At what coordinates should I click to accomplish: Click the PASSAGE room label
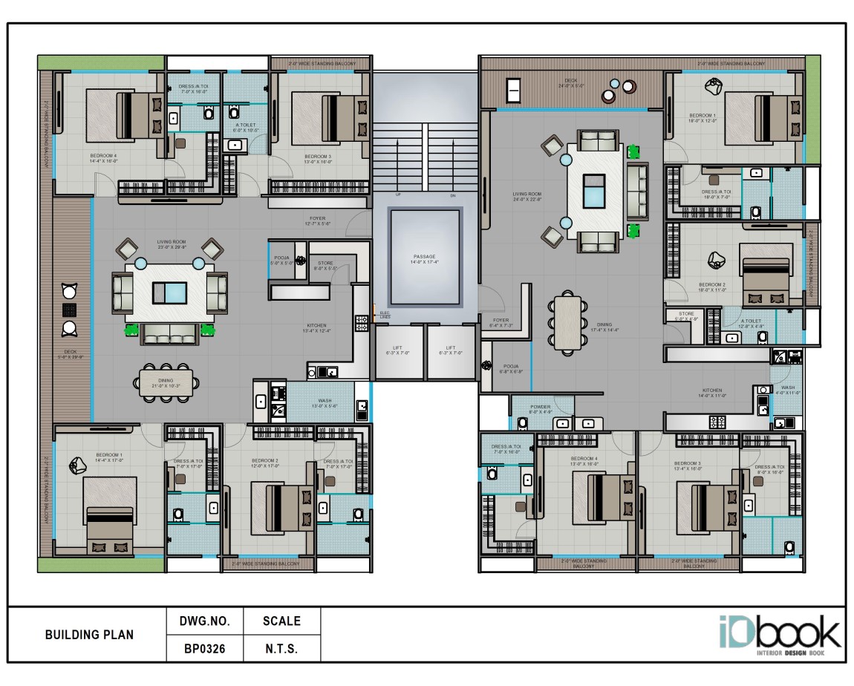pos(425,259)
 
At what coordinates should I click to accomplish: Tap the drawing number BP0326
pos(204,648)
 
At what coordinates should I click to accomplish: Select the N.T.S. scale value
pos(281,648)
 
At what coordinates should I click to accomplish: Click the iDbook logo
pos(779,636)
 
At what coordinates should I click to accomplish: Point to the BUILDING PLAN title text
pos(89,635)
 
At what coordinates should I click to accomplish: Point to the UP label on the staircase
pos(398,195)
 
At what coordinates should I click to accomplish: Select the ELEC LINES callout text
pos(384,315)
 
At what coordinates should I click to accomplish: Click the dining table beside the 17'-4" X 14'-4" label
pos(567,323)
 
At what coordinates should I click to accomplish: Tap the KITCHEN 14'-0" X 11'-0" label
pos(712,393)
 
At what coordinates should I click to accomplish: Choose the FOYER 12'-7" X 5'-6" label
pos(315,220)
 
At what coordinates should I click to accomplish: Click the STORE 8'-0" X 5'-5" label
pos(325,265)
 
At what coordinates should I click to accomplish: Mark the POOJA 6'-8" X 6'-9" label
pos(510,368)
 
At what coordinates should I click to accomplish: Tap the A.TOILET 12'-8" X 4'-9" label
pos(752,324)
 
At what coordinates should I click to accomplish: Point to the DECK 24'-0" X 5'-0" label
pos(570,83)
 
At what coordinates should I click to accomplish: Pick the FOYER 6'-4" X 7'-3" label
pos(501,323)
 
